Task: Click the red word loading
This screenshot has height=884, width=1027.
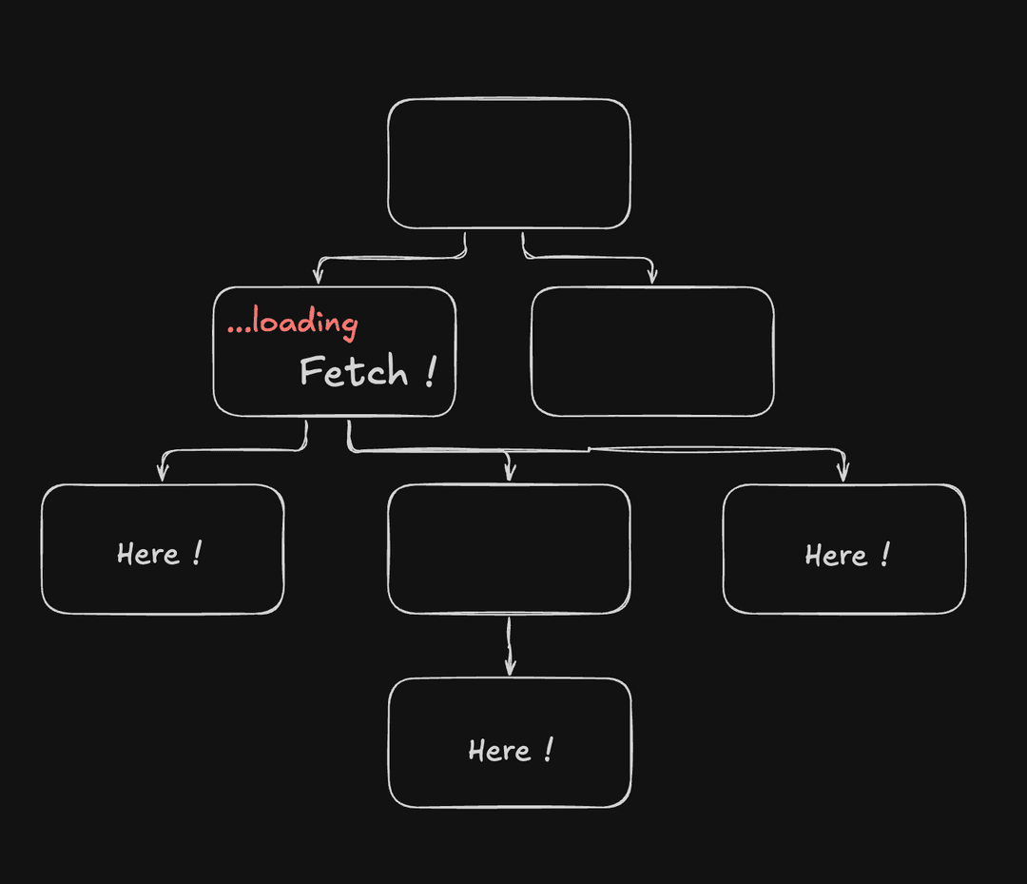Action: (305, 323)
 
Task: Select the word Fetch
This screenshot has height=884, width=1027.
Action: (354, 371)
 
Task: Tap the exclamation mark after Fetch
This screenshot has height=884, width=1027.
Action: (430, 371)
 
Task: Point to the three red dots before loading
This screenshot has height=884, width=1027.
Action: (239, 329)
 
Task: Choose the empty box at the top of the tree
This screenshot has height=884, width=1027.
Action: (509, 163)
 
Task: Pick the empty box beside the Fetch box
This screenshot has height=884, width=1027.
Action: (652, 351)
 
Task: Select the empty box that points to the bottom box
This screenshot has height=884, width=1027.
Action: (509, 549)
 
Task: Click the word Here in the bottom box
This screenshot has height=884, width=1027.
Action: (499, 751)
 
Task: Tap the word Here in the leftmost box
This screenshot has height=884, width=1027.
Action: (148, 555)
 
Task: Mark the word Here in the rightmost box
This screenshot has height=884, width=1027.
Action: (836, 556)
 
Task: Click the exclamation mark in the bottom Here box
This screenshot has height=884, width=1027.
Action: (549, 750)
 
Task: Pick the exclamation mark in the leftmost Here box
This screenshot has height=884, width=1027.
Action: (198, 553)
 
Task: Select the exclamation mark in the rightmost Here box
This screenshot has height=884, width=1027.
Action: (885, 555)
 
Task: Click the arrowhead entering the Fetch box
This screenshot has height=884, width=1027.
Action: (319, 275)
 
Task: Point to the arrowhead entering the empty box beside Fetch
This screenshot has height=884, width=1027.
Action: (651, 275)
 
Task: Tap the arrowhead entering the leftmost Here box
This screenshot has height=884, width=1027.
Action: (163, 473)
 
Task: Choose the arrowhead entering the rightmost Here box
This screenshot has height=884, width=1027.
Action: (843, 473)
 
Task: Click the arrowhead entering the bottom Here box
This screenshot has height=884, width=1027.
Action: (511, 666)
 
